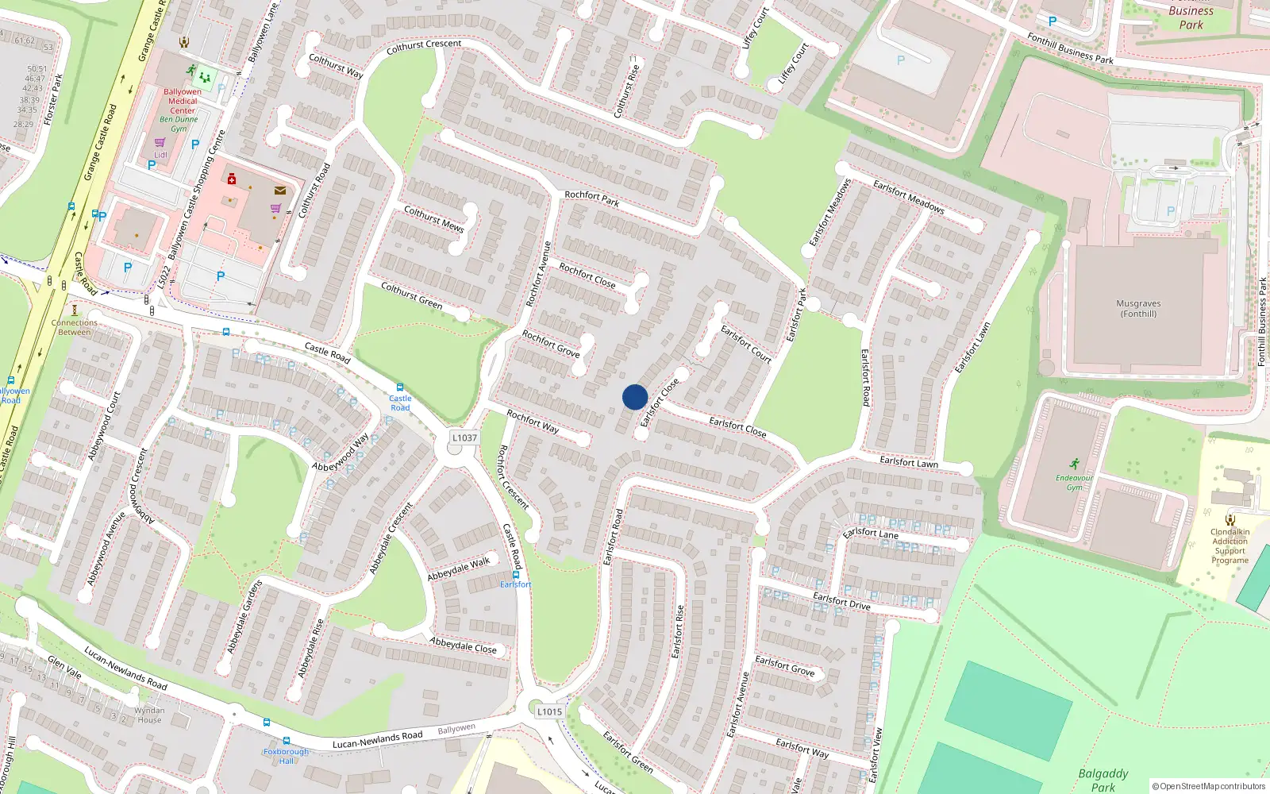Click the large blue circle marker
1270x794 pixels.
635,397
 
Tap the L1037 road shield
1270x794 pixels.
464,437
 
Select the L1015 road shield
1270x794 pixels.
549,711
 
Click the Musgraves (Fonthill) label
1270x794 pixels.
1138,309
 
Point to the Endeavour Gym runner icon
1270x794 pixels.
1074,464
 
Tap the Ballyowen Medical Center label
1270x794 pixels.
183,101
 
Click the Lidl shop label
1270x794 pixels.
161,155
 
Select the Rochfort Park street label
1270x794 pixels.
591,198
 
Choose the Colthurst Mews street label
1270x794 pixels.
433,218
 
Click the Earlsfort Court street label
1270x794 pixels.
746,344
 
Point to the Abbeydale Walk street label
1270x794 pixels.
459,569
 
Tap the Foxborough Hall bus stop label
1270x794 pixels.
286,756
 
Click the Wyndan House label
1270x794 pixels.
149,715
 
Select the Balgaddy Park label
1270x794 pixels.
1103,780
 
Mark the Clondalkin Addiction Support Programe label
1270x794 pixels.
1230,546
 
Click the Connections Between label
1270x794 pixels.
75,327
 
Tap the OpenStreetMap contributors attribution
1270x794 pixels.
1208,786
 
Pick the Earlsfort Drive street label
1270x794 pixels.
841,600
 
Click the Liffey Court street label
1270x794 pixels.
793,64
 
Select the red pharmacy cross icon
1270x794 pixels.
232,179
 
